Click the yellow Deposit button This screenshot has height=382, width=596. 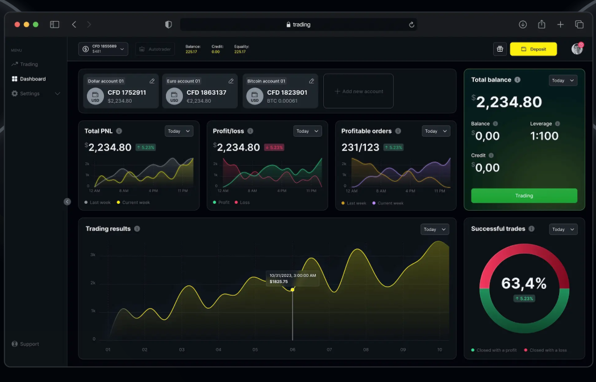[533, 49]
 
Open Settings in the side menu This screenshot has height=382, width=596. [30, 94]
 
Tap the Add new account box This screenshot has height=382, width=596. [359, 91]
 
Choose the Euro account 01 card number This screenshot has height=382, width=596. [206, 93]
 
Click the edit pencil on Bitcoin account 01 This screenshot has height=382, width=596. [311, 81]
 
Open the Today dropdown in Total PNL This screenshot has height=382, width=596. [179, 131]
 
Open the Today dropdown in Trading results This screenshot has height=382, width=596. [435, 229]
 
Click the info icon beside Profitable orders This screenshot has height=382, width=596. [398, 131]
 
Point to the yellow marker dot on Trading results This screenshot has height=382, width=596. [293, 289]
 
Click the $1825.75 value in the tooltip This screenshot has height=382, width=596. [278, 282]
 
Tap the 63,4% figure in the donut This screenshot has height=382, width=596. [524, 283]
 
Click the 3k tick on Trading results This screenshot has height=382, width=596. [93, 255]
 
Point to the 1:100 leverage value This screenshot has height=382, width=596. [544, 136]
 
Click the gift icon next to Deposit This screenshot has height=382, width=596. [500, 49]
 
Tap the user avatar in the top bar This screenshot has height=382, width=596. [577, 49]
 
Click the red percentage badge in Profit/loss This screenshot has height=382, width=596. [273, 148]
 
